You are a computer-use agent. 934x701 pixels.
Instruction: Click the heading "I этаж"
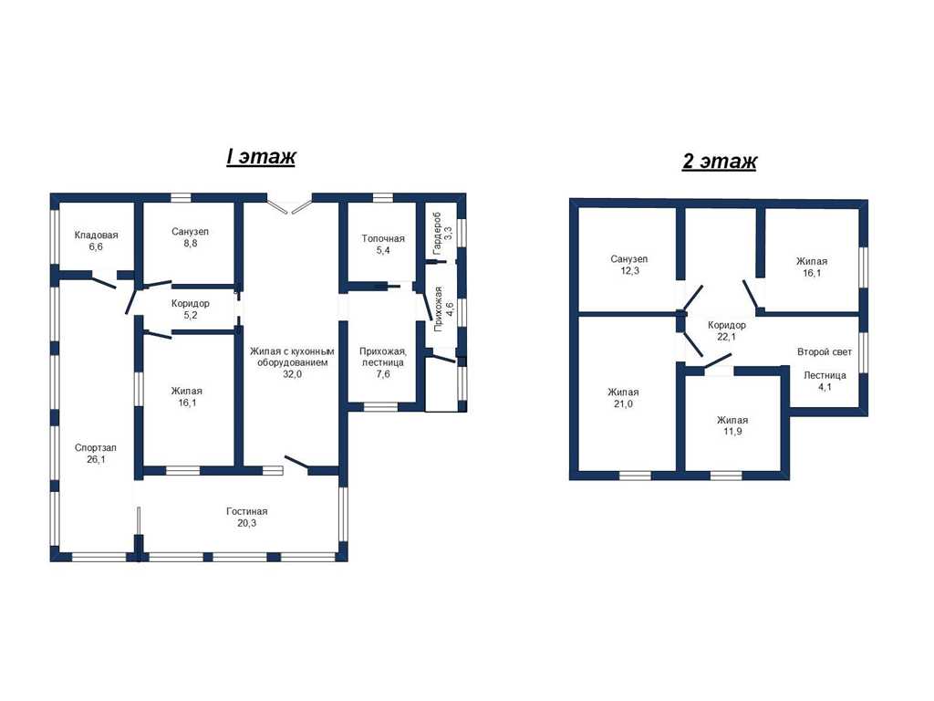261,156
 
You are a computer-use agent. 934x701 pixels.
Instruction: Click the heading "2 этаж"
720,161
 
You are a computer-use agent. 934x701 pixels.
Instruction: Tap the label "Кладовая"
96,235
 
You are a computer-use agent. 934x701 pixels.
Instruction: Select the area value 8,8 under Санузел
190,244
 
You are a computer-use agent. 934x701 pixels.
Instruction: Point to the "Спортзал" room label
95,447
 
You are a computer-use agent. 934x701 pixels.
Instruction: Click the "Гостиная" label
246,511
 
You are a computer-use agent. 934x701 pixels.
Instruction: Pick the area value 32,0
292,374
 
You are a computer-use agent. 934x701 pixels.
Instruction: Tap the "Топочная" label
383,238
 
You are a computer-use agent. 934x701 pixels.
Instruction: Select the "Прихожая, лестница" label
382,357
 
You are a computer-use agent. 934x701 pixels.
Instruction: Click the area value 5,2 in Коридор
190,315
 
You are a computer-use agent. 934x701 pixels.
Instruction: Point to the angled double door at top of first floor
289,204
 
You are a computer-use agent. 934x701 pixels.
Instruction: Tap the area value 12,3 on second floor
629,270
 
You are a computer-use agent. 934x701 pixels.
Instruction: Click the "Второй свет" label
825,352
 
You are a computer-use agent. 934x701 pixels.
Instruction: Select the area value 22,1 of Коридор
726,337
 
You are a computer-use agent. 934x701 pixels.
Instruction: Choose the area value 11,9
732,432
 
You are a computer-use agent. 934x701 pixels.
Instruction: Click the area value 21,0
623,404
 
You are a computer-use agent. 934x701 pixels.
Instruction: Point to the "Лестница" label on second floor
825,375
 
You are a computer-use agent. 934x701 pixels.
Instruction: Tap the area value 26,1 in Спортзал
95,460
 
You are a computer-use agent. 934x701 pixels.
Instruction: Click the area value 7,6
382,374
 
